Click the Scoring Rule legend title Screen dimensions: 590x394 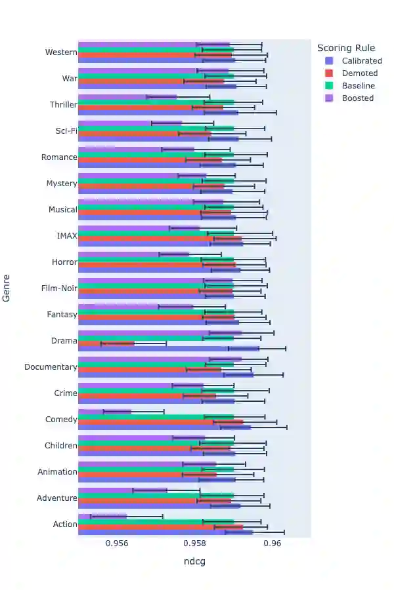click(346, 48)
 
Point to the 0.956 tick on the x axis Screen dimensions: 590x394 click(118, 543)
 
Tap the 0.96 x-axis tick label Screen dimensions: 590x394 click(273, 543)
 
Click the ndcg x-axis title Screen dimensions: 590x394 click(194, 561)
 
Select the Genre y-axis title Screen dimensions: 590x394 click(7, 288)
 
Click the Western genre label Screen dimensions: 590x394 click(60, 52)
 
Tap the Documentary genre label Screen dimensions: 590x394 click(51, 367)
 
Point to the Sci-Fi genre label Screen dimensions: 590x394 click(66, 131)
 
